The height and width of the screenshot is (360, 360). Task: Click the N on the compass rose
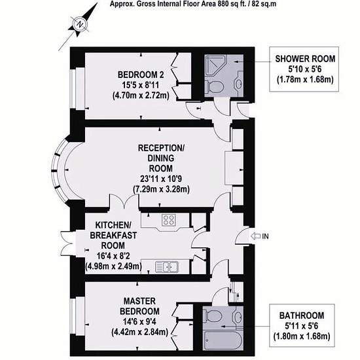[x=79, y=24]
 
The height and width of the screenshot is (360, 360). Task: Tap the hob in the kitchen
[x=169, y=220]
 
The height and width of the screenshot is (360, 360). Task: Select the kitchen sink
[x=167, y=267]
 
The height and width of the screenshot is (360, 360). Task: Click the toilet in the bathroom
[x=213, y=316]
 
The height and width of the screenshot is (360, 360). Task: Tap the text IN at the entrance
[x=265, y=236]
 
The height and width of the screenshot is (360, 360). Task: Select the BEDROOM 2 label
[x=141, y=75]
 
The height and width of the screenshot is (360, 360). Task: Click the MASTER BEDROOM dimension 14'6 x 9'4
[x=139, y=321]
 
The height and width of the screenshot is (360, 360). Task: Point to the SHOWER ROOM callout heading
[x=305, y=59]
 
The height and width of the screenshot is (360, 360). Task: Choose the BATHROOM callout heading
[x=302, y=315]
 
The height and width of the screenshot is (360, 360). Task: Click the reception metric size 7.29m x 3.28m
[x=161, y=189]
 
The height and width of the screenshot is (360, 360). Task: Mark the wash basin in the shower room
[x=239, y=83]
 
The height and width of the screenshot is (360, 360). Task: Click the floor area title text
[x=193, y=4]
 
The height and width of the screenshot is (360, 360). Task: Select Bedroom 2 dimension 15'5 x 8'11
[x=140, y=85]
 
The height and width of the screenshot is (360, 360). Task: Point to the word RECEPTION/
[x=161, y=148]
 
